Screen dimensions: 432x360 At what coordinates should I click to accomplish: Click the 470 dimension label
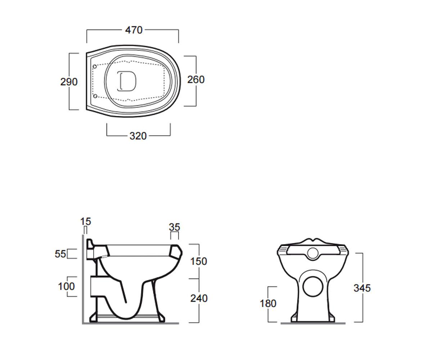tap(134, 30)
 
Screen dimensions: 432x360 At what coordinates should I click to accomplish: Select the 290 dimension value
tap(69, 82)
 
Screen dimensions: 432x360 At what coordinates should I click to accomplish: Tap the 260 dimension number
tap(196, 80)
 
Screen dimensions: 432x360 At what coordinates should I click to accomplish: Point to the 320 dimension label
tap(138, 136)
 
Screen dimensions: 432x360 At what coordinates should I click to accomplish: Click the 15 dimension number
tap(85, 222)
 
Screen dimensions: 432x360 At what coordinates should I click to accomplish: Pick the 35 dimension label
tap(174, 227)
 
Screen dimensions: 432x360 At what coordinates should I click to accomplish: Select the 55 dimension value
tap(60, 254)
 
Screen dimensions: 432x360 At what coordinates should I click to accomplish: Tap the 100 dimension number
tap(66, 286)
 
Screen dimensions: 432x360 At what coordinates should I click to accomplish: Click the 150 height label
tap(199, 261)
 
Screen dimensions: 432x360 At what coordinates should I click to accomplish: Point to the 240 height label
tap(199, 298)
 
